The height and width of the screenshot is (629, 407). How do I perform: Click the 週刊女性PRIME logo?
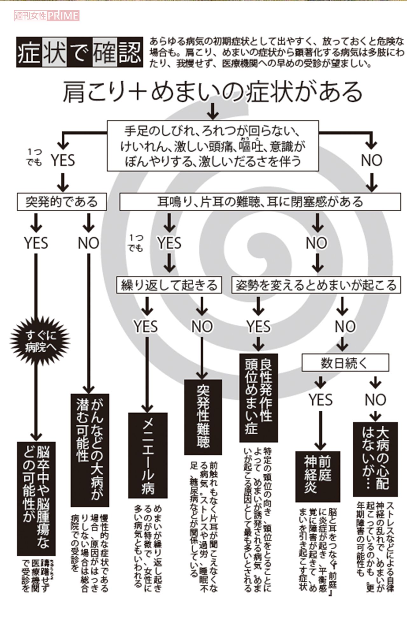click(46, 16)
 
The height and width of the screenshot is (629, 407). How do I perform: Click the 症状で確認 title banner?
click(79, 52)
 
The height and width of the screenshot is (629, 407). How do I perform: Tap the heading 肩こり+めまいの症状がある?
click(212, 92)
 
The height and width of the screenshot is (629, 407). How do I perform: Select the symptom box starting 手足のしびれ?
click(213, 146)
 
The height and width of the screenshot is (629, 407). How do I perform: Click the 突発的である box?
click(62, 202)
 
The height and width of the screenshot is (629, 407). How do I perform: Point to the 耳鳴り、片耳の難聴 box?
click(260, 202)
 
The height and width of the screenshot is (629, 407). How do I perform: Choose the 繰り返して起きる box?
click(169, 285)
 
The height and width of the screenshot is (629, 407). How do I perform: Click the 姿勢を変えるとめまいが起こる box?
click(316, 285)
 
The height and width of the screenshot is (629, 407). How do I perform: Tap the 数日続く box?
click(345, 362)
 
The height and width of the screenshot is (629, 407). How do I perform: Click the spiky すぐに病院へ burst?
click(40, 341)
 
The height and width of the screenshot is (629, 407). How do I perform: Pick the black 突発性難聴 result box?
click(203, 416)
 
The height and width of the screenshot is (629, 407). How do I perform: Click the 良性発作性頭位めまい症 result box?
click(259, 397)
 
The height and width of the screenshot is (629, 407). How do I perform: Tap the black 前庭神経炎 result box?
click(318, 476)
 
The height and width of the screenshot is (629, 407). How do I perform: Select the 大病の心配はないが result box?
click(375, 459)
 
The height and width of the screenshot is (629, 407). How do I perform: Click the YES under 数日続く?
click(321, 400)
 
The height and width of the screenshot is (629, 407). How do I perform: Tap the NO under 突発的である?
click(88, 243)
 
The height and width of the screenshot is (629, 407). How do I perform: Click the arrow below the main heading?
click(212, 111)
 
